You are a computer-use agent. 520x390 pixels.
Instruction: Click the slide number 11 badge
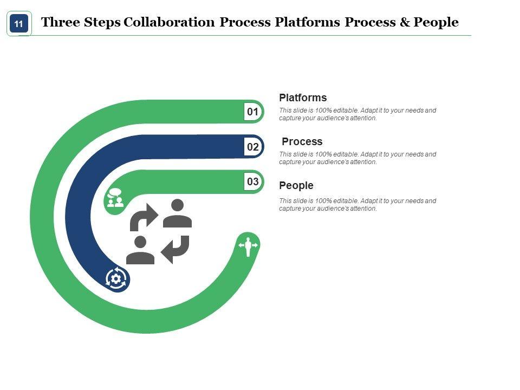click(19, 24)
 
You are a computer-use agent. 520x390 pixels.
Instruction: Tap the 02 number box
click(253, 147)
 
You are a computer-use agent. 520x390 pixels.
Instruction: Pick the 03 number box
click(253, 182)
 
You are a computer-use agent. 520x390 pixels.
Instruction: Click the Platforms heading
click(303, 98)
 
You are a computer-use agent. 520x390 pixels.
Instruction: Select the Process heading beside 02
click(302, 142)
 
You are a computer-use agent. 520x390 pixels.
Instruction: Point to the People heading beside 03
click(296, 186)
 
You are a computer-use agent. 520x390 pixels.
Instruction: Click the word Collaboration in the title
click(170, 23)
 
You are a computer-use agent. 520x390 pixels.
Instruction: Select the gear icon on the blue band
click(116, 278)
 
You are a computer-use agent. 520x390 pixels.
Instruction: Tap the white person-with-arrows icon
click(249, 246)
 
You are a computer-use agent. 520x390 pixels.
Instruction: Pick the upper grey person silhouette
click(178, 213)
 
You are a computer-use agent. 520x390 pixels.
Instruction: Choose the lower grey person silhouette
click(140, 250)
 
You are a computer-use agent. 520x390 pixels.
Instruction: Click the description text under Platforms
click(357, 114)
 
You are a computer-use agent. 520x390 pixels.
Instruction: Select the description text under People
click(357, 205)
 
